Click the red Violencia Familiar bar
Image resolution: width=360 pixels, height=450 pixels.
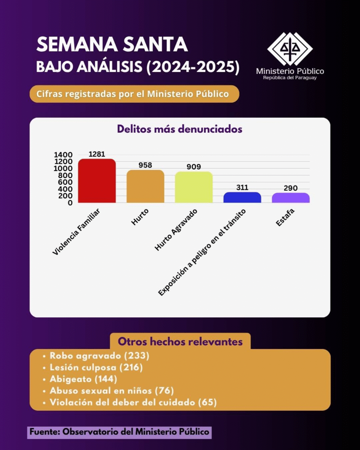(x=97, y=181)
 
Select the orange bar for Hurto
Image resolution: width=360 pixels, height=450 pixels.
(x=145, y=186)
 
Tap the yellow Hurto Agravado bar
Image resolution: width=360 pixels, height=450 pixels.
(x=193, y=187)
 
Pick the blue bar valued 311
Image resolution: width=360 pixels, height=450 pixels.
(x=242, y=197)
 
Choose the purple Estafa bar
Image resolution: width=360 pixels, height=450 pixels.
(x=291, y=198)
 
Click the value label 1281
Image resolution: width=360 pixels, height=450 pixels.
(x=97, y=154)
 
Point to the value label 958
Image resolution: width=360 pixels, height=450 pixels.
(x=145, y=165)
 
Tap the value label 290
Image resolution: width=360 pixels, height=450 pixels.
(x=291, y=188)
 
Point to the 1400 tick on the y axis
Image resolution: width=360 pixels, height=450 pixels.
(x=63, y=155)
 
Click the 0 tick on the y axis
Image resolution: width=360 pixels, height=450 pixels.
(x=69, y=203)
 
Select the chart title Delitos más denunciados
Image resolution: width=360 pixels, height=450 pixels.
(x=180, y=129)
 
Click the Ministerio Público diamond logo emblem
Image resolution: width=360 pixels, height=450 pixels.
(x=290, y=48)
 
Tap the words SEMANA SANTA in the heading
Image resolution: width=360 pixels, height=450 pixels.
(x=112, y=45)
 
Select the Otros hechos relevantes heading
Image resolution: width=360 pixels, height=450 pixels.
(x=180, y=341)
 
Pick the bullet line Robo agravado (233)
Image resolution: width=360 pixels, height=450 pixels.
(x=100, y=356)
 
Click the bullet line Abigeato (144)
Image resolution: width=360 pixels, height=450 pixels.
(x=84, y=379)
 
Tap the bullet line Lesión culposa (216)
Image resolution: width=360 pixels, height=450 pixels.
(x=96, y=367)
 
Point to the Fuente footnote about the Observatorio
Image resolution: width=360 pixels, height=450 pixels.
(x=119, y=432)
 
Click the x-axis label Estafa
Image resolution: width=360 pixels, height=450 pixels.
(x=285, y=218)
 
